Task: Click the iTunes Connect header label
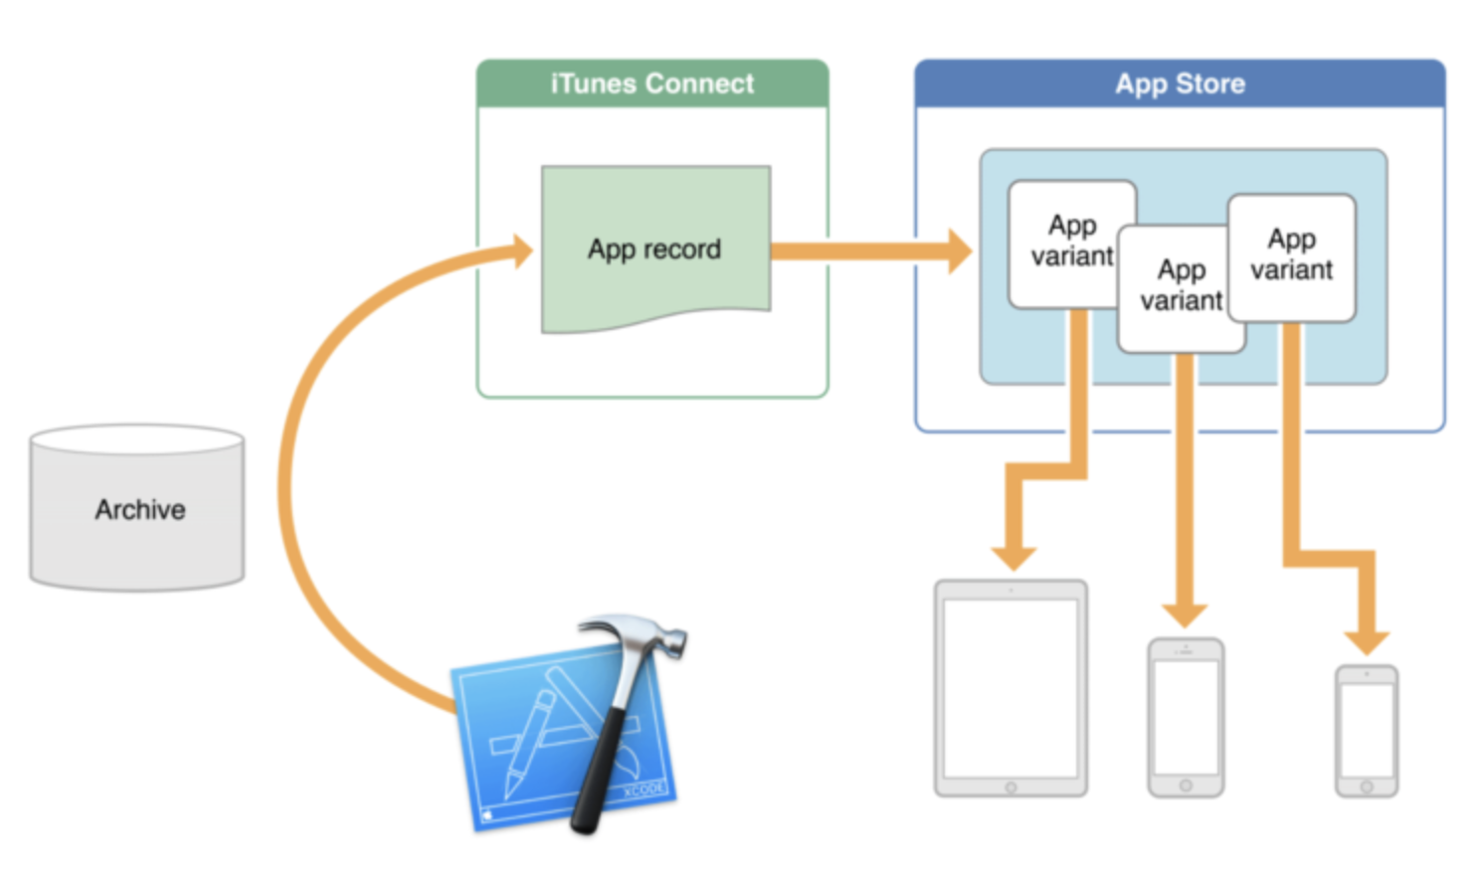click(x=652, y=84)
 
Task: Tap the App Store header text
click(x=1180, y=84)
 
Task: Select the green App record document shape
click(x=654, y=249)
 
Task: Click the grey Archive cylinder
click(x=137, y=509)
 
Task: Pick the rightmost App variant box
click(x=1291, y=255)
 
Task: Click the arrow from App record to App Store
click(x=865, y=251)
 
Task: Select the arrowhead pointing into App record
click(x=521, y=252)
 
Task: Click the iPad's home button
click(x=1011, y=788)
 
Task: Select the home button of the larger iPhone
click(x=1186, y=786)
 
